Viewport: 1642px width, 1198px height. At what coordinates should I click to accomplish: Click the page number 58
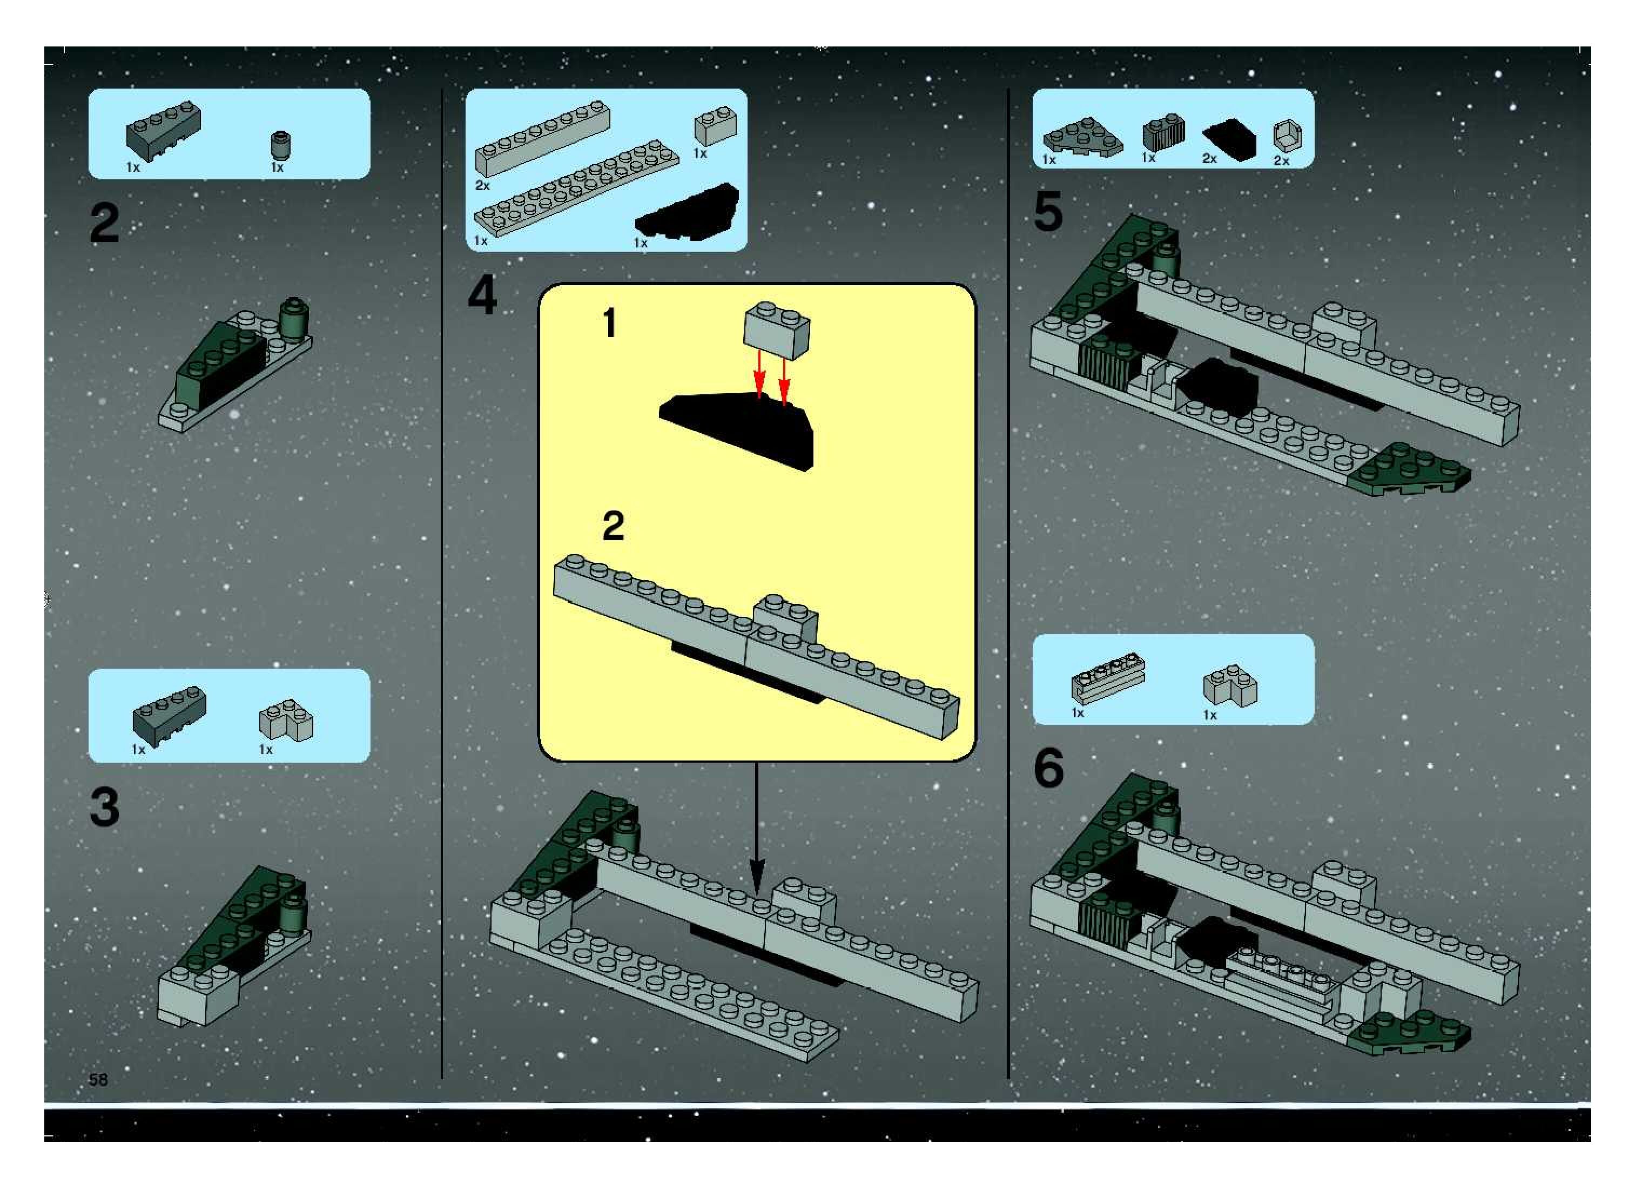[98, 1080]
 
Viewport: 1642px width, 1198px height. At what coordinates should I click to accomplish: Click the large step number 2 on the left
[104, 224]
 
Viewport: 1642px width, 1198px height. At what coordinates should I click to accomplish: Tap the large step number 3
[104, 807]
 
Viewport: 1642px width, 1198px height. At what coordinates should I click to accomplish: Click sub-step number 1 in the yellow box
[610, 324]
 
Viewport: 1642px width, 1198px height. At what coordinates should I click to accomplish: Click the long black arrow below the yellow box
[756, 827]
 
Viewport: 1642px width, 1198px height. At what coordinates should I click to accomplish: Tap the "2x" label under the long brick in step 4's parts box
[482, 186]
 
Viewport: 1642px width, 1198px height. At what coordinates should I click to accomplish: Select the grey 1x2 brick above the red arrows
[777, 330]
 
